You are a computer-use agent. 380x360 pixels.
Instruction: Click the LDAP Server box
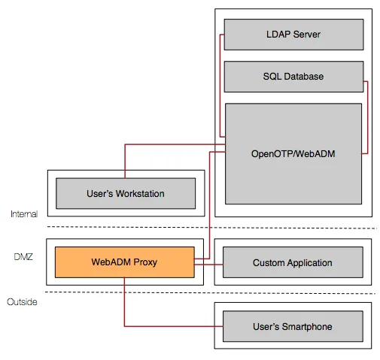(x=293, y=35)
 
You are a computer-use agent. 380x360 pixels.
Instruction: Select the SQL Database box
(x=293, y=77)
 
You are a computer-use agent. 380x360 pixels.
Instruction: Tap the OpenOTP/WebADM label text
(x=293, y=154)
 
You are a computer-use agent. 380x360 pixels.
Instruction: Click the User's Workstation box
(x=126, y=193)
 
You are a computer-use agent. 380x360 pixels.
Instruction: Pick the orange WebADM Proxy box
(x=125, y=262)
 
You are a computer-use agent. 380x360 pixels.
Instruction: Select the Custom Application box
(x=293, y=262)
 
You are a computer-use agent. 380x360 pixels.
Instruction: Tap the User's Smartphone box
(x=293, y=326)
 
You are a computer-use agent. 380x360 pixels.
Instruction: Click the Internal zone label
(x=24, y=214)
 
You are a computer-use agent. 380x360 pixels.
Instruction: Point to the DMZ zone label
(x=23, y=257)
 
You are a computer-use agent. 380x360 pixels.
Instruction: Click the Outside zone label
(x=22, y=302)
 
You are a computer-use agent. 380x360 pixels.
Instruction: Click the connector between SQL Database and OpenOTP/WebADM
(x=367, y=117)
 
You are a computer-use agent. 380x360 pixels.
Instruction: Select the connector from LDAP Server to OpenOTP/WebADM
(x=220, y=86)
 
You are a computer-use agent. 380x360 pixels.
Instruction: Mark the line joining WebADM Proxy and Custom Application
(x=208, y=265)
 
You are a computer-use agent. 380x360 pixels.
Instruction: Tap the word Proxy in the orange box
(x=145, y=262)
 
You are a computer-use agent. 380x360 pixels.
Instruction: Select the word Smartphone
(x=307, y=327)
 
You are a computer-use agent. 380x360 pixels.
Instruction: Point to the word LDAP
(x=278, y=35)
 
